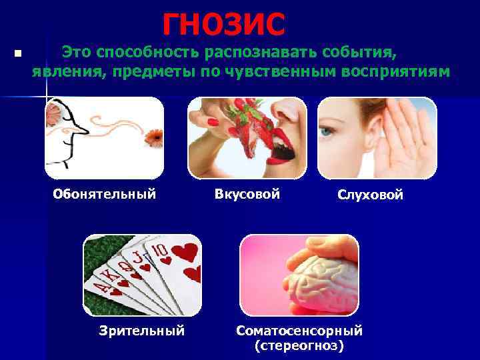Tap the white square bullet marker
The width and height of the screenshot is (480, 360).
18,53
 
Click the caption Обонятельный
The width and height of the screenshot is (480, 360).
105,195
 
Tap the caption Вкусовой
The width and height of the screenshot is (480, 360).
247,195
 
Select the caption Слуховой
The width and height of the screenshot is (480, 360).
370,195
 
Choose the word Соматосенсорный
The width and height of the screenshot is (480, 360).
299,331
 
